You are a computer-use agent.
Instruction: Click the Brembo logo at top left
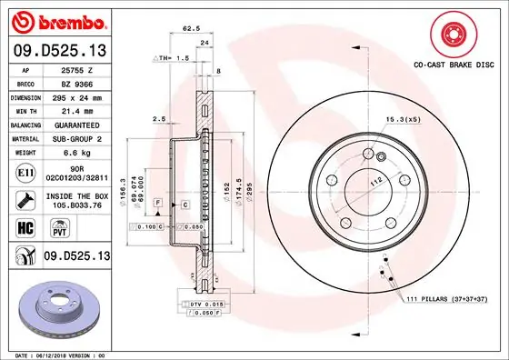pos(56,20)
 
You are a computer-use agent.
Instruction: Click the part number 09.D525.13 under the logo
pos(56,49)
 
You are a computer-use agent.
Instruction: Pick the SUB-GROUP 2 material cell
pos(76,138)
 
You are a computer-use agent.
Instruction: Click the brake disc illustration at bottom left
pos(56,304)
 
